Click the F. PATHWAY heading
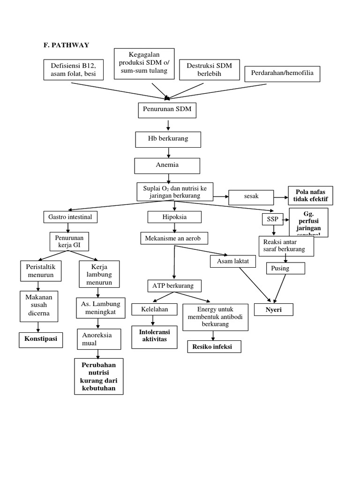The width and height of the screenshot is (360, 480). coord(66,45)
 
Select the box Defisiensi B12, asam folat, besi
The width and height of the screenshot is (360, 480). coord(74,70)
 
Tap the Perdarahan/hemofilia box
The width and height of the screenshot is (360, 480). coord(283,74)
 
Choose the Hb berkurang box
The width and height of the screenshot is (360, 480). coord(167,140)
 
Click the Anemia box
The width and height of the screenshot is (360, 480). coord(167,165)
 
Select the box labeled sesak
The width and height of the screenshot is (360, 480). coord(251,197)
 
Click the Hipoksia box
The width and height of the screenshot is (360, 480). coord(174,217)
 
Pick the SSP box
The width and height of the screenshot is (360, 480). coord(270,219)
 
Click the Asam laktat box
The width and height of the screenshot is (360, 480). coord(233,261)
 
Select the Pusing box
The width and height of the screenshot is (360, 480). coord(285,268)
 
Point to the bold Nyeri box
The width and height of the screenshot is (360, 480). coord(274,310)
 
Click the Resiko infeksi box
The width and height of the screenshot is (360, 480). coord(214,347)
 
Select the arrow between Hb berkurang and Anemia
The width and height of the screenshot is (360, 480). coord(167,153)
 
